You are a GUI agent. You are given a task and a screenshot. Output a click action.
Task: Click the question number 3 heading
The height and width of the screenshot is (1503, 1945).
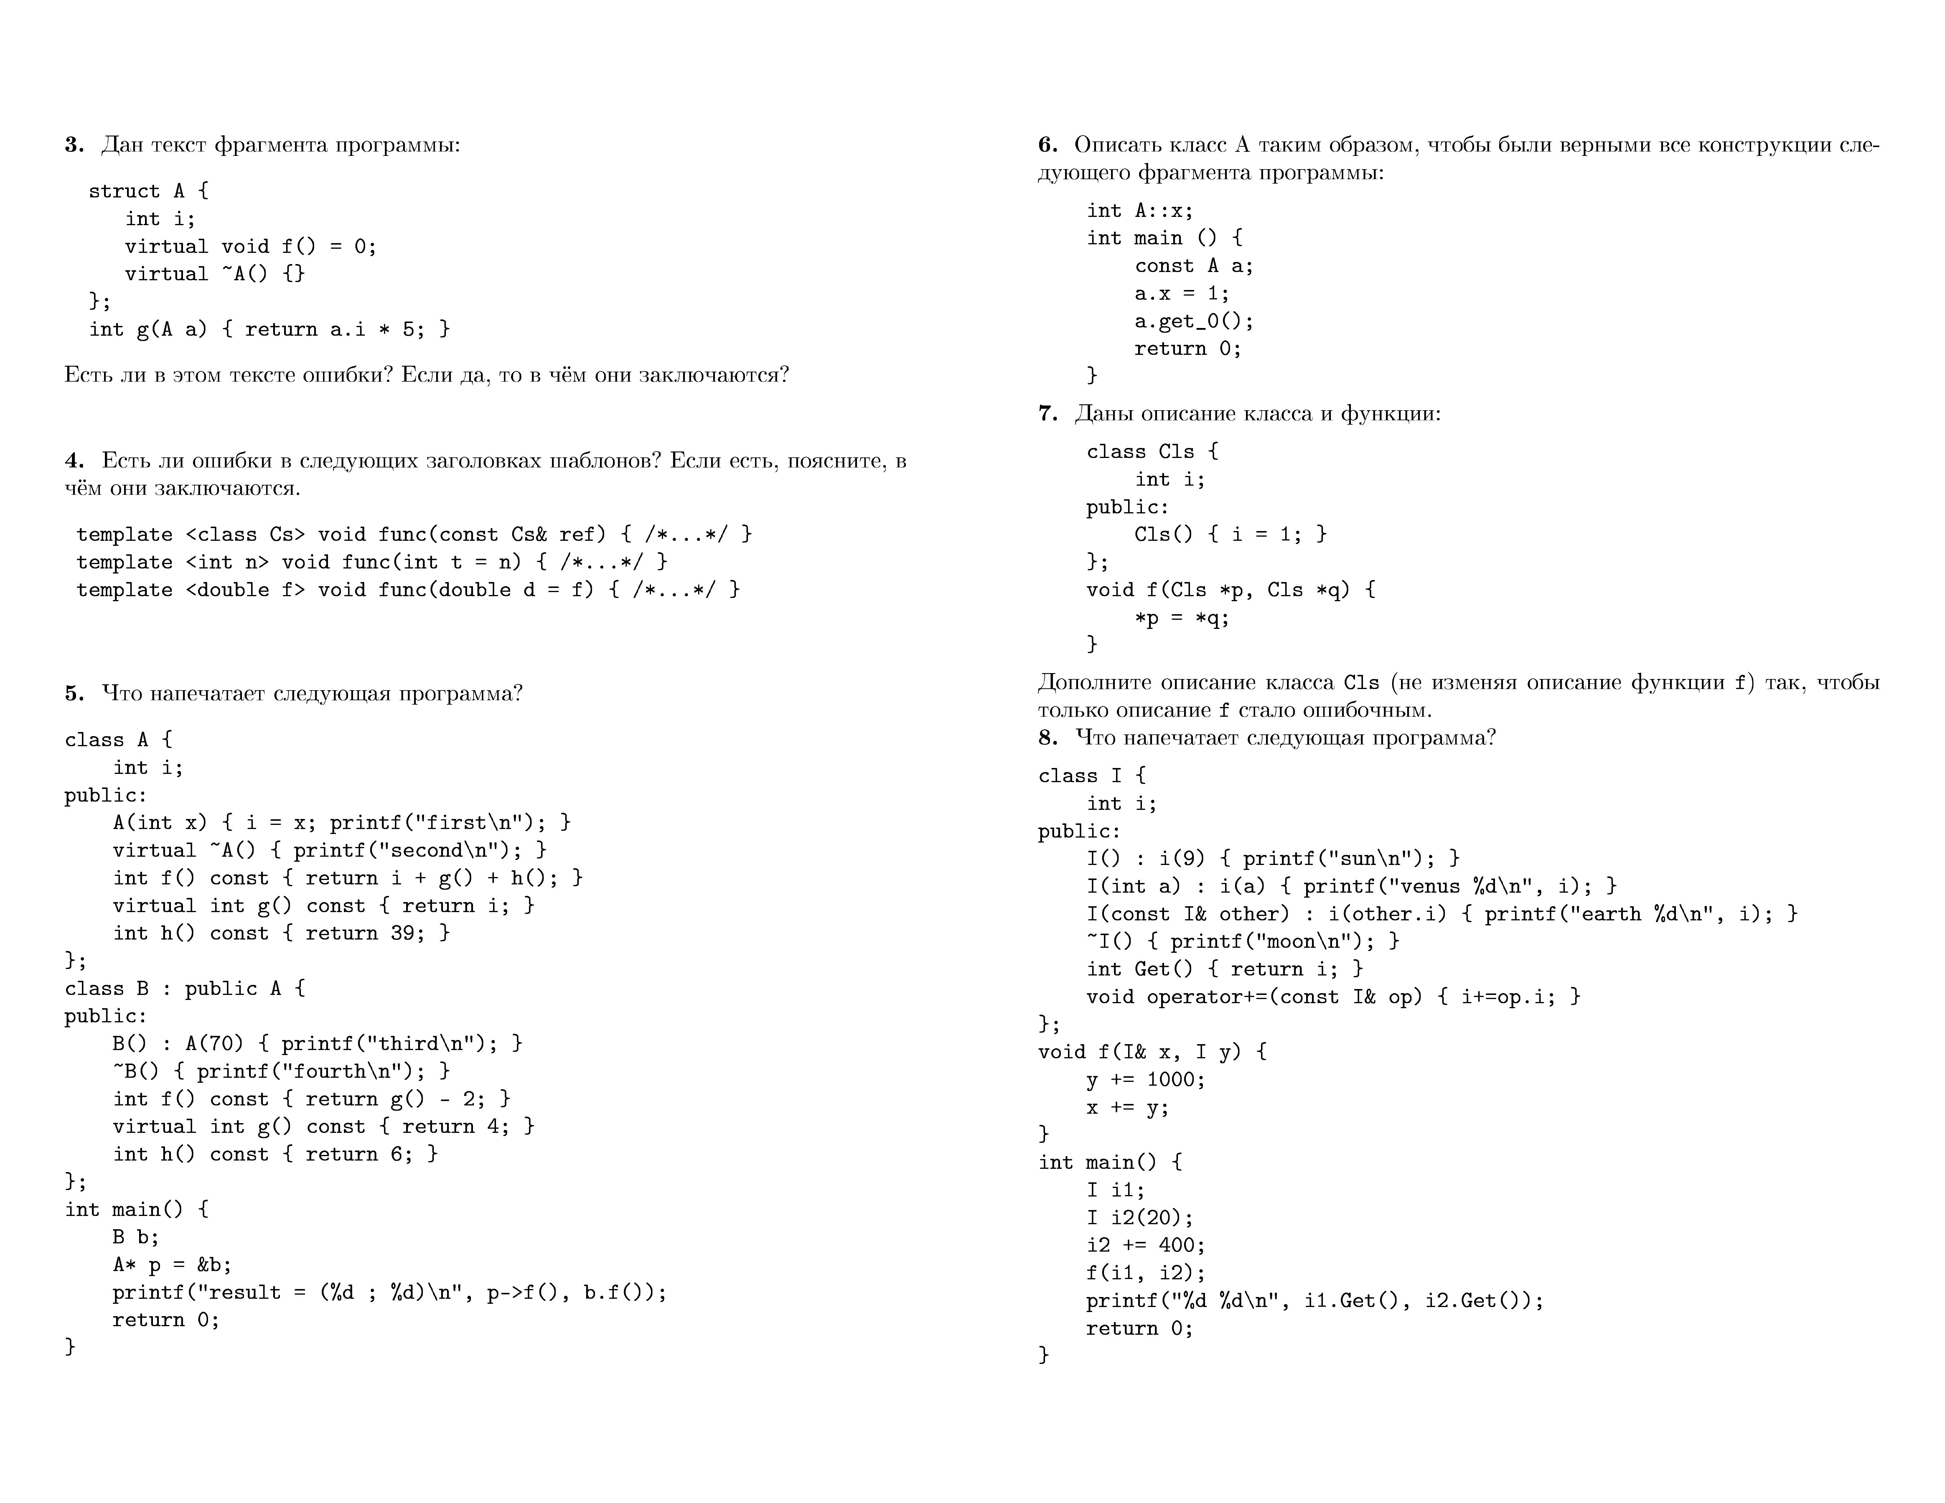74,144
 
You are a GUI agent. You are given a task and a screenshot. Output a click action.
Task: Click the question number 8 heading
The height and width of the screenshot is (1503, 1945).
1048,737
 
